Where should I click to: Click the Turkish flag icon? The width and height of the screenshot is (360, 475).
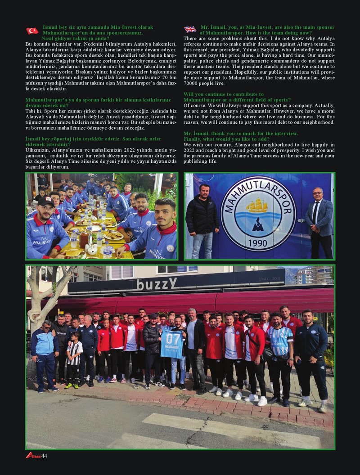(32, 31)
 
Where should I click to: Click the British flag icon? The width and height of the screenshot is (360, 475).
(190, 30)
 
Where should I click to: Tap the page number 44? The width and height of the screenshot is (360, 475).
(44, 456)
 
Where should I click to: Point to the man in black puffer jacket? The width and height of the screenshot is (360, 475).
(202, 216)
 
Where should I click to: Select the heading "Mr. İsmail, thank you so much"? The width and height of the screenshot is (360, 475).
(240, 134)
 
